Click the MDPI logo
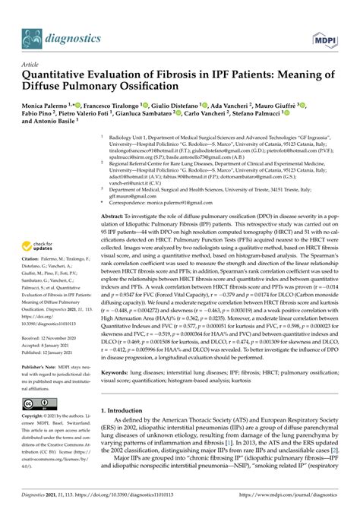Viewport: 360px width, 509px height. [x=327, y=36]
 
